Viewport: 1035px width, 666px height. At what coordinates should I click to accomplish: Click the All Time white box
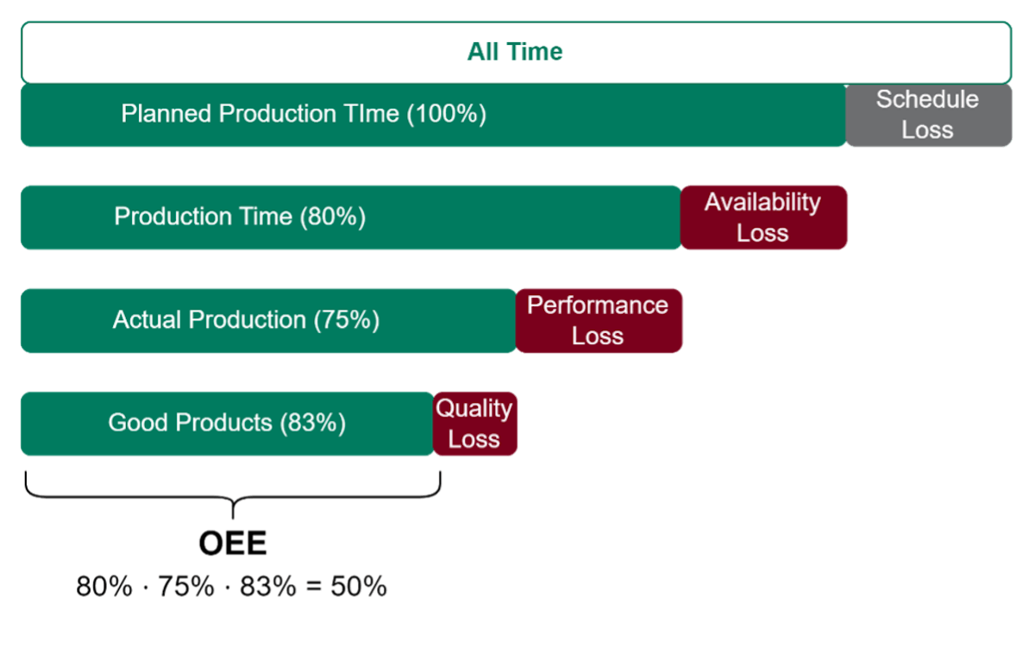(x=515, y=52)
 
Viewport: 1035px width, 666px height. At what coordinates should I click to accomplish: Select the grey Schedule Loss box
(x=928, y=115)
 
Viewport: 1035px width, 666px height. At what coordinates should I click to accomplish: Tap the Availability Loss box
(x=763, y=217)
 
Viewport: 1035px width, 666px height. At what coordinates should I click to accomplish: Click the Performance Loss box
(x=599, y=320)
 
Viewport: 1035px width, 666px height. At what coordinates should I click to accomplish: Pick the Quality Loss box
(x=474, y=424)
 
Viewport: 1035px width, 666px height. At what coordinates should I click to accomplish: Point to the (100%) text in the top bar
(x=446, y=114)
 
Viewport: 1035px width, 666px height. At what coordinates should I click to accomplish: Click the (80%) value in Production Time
(x=333, y=217)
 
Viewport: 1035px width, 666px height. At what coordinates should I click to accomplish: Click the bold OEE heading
(x=233, y=543)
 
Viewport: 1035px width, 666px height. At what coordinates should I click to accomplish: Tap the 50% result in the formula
(x=359, y=587)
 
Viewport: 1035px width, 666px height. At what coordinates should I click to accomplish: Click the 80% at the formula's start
(x=104, y=587)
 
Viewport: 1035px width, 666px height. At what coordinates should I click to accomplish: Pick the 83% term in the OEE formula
(x=269, y=587)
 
